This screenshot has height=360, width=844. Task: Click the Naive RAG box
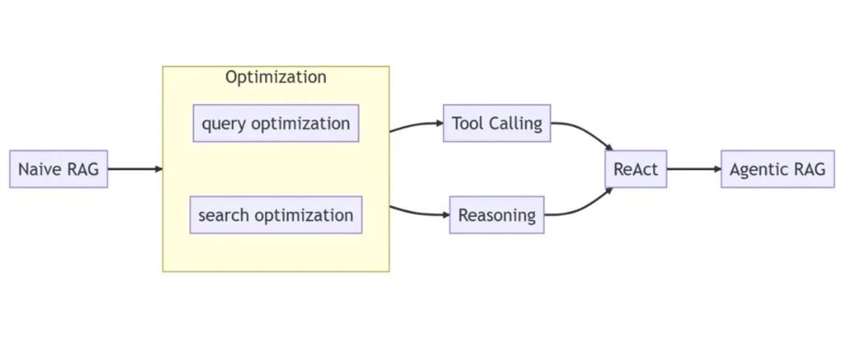point(59,169)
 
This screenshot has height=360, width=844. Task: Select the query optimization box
point(276,123)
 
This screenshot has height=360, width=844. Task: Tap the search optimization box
point(276,215)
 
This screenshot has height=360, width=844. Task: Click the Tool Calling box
point(497,123)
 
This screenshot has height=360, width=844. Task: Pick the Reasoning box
point(497,215)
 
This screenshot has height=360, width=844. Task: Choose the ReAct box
point(635,169)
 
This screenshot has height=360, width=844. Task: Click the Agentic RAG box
point(778,169)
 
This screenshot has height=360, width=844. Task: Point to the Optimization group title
point(275,77)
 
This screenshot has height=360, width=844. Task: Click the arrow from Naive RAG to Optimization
point(135,169)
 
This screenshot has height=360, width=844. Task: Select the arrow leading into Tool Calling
point(416,124)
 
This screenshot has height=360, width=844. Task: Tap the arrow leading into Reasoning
point(419,213)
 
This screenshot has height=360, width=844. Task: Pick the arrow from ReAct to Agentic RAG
point(694,169)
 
